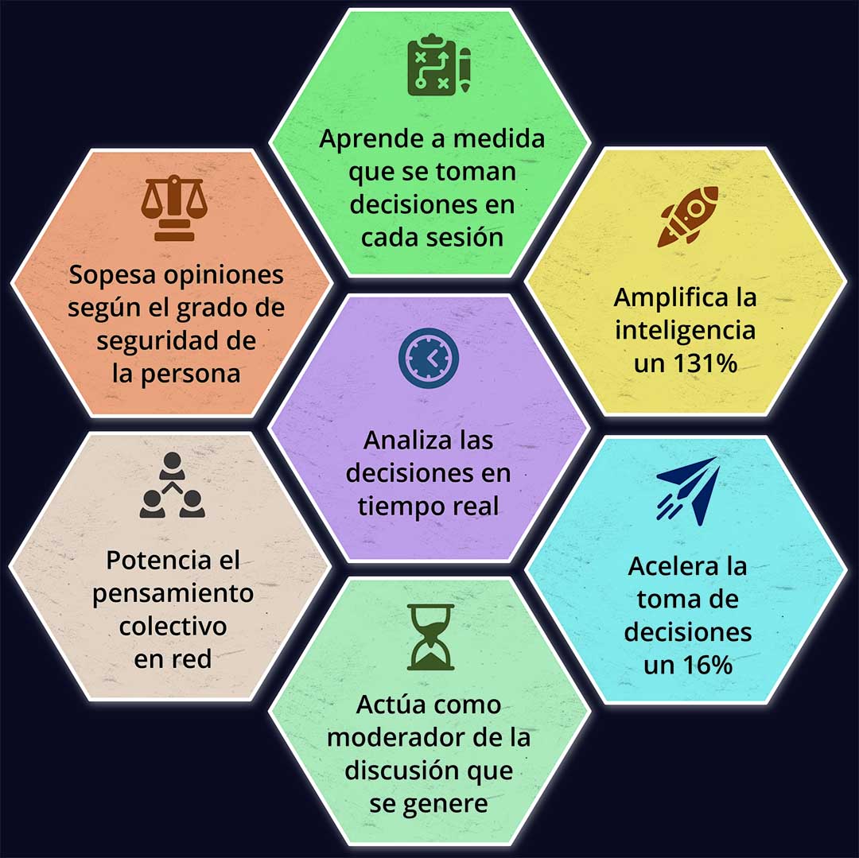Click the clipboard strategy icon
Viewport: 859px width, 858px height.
coord(439,65)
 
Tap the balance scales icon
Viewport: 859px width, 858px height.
coord(174,208)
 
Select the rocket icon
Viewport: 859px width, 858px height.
coord(687,216)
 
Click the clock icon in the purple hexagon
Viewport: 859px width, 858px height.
coord(429,358)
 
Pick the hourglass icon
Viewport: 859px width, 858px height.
coord(430,638)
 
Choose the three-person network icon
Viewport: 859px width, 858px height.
coord(172,485)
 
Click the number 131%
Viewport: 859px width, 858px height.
coord(705,363)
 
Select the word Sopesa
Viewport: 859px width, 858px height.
coord(112,276)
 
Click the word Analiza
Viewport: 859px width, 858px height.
coord(408,441)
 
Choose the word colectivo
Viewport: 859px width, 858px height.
coord(173,626)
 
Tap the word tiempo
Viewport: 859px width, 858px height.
coord(398,507)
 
